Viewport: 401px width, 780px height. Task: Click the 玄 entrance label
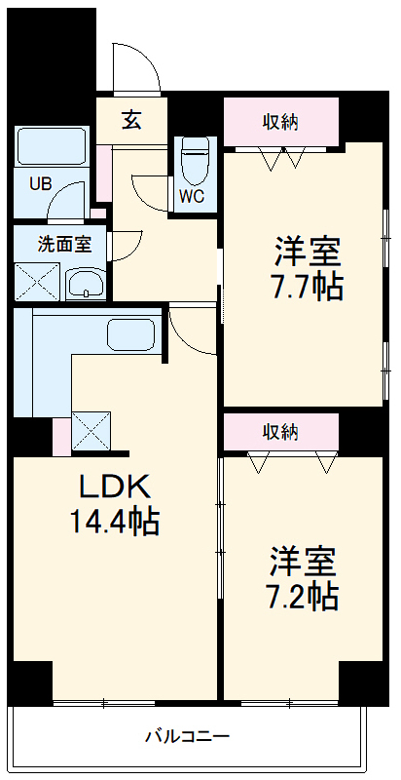(131, 121)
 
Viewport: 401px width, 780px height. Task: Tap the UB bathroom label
(40, 182)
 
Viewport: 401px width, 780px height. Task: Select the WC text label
(191, 193)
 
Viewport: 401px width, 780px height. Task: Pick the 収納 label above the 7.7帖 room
(280, 122)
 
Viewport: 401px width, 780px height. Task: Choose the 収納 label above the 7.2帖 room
(280, 431)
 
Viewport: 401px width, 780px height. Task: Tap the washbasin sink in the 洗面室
(87, 285)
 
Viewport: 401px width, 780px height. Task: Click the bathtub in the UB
(55, 147)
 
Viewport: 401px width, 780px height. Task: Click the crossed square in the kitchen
(91, 430)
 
